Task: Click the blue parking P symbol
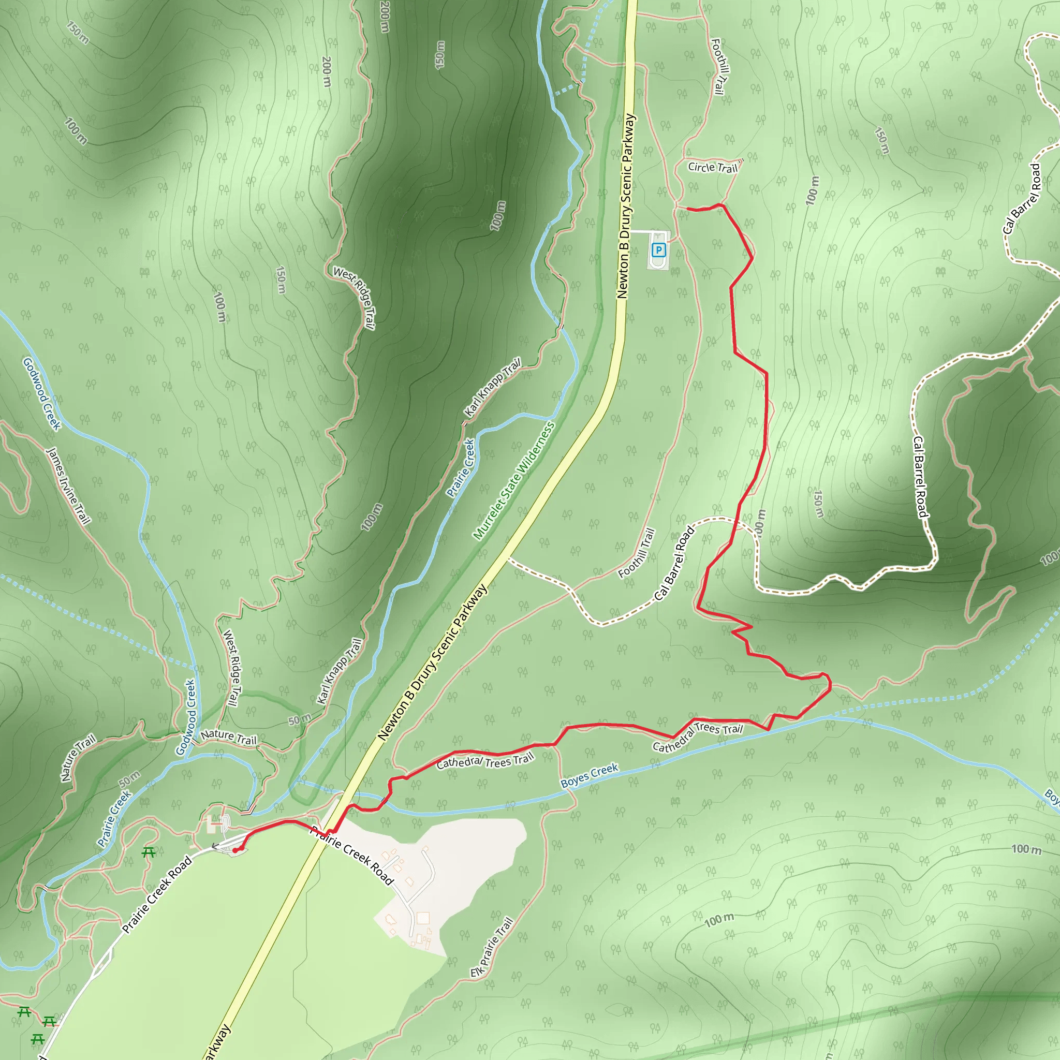658,251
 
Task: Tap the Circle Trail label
713,167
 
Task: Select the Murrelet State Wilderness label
513,481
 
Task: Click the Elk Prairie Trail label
492,947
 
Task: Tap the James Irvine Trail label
69,485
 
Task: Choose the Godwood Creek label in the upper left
42,393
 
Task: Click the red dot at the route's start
235,850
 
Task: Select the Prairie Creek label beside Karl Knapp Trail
460,468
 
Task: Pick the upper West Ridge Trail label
355,298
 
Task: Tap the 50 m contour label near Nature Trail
300,719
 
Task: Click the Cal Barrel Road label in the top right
1022,199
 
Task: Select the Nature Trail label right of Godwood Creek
229,738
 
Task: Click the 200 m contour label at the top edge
385,17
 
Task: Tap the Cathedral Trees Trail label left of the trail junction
485,761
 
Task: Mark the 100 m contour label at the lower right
1026,849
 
